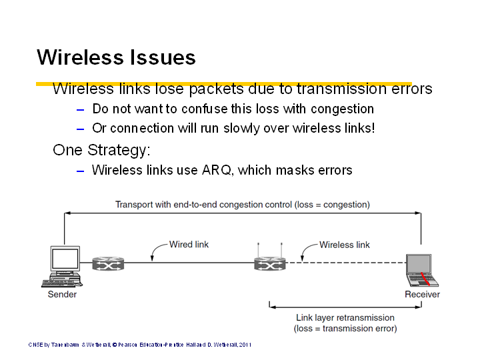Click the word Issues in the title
click(x=163, y=57)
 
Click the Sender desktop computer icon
click(x=63, y=266)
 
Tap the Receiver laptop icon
click(x=422, y=270)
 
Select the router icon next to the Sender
click(x=108, y=263)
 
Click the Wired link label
click(x=189, y=244)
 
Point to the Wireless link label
click(x=345, y=245)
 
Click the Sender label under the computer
click(x=62, y=294)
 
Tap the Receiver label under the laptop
click(x=422, y=294)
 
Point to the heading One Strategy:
click(x=101, y=150)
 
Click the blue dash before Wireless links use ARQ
click(x=80, y=171)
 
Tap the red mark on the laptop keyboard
click(x=425, y=279)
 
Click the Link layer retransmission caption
click(x=345, y=317)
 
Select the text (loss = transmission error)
click(x=345, y=329)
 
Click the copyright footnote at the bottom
click(x=140, y=345)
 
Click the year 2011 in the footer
click(x=245, y=345)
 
